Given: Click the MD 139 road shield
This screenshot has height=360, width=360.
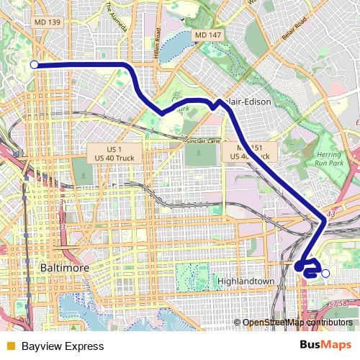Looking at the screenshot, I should (x=48, y=23).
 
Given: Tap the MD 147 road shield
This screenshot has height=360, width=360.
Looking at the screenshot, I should (x=207, y=35).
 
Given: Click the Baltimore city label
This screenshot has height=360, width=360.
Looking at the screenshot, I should (x=60, y=268).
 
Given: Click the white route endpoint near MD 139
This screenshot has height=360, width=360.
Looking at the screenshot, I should (x=34, y=65).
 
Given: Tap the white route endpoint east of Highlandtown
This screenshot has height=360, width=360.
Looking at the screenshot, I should (x=325, y=273).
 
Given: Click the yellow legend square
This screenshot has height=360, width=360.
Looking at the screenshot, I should (x=10, y=346).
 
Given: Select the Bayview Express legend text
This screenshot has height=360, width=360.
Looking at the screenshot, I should (x=62, y=346).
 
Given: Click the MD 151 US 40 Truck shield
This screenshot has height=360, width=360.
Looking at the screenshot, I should (x=246, y=151).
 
